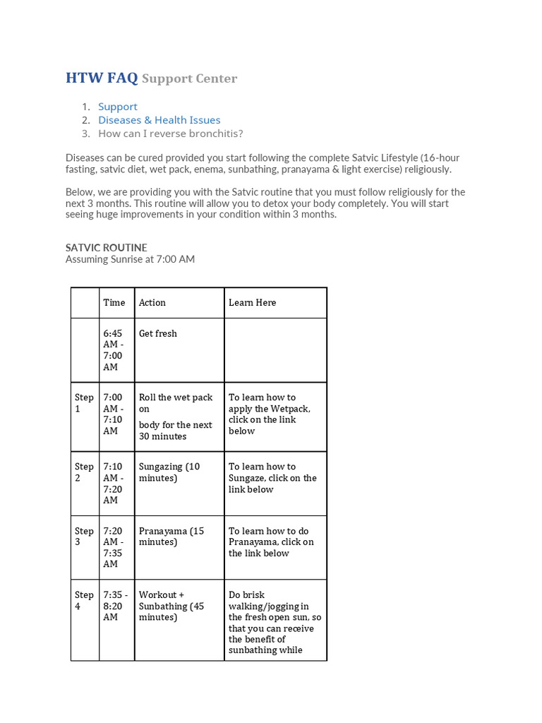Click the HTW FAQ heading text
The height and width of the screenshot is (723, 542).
pyautogui.click(x=102, y=78)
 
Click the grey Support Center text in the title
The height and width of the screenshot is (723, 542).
pyautogui.click(x=189, y=78)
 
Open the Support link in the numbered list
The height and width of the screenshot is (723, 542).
pyautogui.click(x=118, y=107)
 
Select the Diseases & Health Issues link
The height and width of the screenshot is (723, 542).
pyautogui.click(x=159, y=120)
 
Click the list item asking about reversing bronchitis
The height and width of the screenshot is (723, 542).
pyautogui.click(x=170, y=133)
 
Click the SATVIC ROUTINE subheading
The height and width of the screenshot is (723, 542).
pyautogui.click(x=107, y=247)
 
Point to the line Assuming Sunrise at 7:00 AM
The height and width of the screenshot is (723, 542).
pyautogui.click(x=130, y=259)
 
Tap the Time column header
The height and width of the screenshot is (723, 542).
pyautogui.click(x=114, y=302)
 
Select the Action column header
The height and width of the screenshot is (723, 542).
pyautogui.click(x=152, y=302)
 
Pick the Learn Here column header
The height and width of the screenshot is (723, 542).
pyautogui.click(x=252, y=302)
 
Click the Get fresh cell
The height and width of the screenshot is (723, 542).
pyautogui.click(x=158, y=333)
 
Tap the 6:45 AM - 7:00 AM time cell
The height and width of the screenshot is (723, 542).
pyautogui.click(x=113, y=350)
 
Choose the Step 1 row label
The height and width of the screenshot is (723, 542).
pyautogui.click(x=84, y=403)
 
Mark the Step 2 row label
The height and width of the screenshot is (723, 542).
pyautogui.click(x=84, y=472)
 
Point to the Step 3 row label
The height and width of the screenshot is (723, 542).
pyautogui.click(x=84, y=537)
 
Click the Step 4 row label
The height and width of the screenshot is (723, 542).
pyautogui.click(x=84, y=600)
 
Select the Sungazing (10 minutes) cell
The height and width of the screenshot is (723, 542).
pyautogui.click(x=169, y=472)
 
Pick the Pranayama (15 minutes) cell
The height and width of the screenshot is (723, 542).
pyautogui.click(x=171, y=537)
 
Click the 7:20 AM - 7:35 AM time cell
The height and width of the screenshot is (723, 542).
pyautogui.click(x=113, y=547)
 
